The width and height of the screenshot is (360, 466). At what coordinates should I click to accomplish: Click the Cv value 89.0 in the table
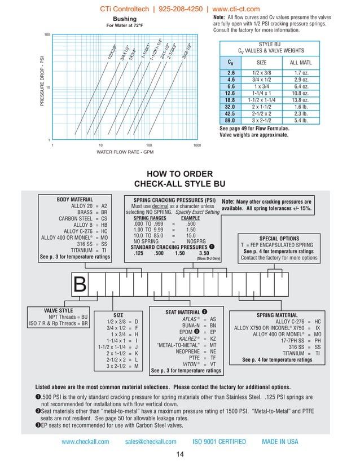pyautogui.click(x=230, y=120)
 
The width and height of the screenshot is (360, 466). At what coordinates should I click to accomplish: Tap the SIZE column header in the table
pyautogui.click(x=261, y=62)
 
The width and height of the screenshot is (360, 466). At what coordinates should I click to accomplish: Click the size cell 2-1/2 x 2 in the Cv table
pyautogui.click(x=261, y=113)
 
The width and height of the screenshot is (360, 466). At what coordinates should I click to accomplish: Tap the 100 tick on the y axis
pyautogui.click(x=47, y=35)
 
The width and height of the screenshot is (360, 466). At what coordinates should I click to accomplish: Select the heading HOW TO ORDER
pyautogui.click(x=179, y=174)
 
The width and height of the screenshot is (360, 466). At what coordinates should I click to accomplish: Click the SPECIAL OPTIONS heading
pyautogui.click(x=279, y=238)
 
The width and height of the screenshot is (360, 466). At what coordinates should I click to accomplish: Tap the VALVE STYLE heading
pyautogui.click(x=58, y=310)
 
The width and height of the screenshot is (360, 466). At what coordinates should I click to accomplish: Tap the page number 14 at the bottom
pyautogui.click(x=179, y=455)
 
